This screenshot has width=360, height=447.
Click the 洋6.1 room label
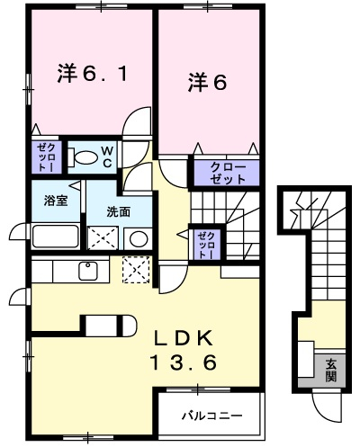pyautogui.click(x=93, y=74)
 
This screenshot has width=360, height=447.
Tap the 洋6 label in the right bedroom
pyautogui.click(x=207, y=82)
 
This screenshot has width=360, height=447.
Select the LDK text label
pyautogui.click(x=184, y=338)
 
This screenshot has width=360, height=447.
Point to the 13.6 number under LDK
pyautogui.click(x=183, y=362)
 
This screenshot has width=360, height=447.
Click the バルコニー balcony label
pyautogui.click(x=212, y=416)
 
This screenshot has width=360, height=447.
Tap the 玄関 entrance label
pyautogui.click(x=331, y=370)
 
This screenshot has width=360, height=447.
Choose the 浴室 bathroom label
pyautogui.click(x=56, y=201)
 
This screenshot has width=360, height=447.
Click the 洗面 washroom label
pyautogui.click(x=119, y=212)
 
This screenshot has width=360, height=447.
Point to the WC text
pyautogui.click(x=107, y=156)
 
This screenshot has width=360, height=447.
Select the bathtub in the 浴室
pyautogui.click(x=56, y=237)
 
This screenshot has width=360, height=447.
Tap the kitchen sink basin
pyautogui.click(x=88, y=271)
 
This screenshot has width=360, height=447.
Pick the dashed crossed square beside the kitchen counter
pyautogui.click(x=136, y=270)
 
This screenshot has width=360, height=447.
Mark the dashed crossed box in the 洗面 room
pyautogui.click(x=103, y=238)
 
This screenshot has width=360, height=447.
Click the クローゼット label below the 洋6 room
pyautogui.click(x=228, y=173)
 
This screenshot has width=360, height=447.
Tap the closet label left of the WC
pyautogui.click(x=46, y=157)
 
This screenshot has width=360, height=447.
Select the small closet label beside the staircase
pyautogui.click(x=206, y=245)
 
